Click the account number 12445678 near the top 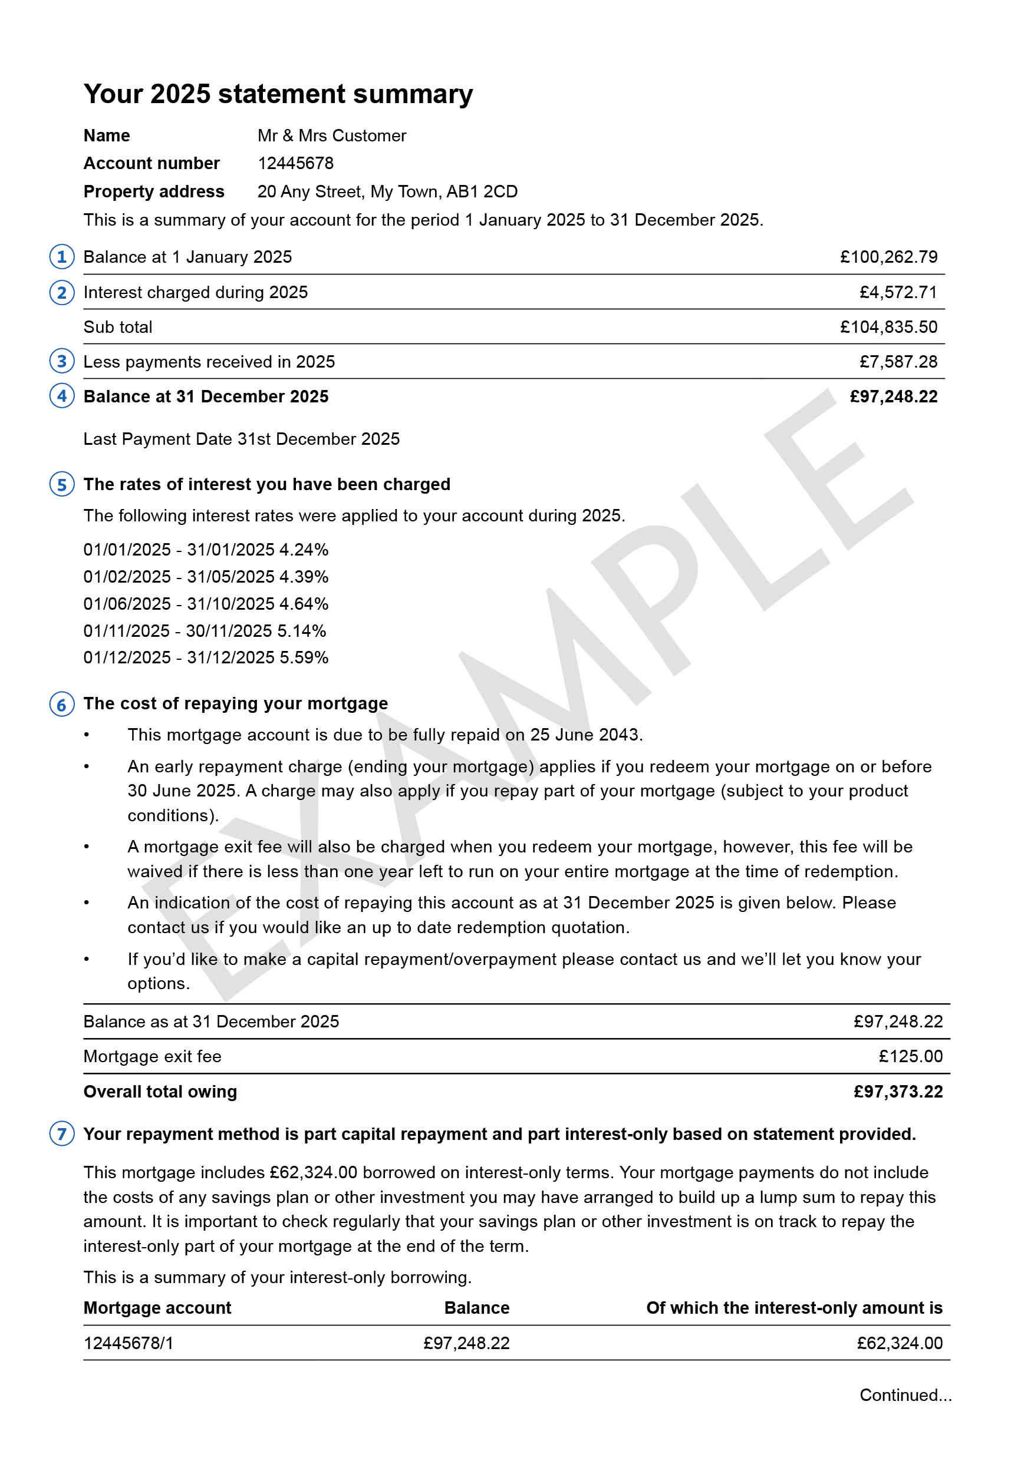point(295,164)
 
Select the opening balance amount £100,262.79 point(888,257)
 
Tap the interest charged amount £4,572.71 point(898,292)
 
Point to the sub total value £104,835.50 point(888,327)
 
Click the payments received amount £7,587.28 point(898,362)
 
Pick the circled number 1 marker point(62,257)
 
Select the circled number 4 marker point(62,396)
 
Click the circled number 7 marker point(62,1134)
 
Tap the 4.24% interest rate point(304,550)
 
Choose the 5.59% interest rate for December point(304,657)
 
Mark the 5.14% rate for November point(302,630)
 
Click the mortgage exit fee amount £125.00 point(910,1056)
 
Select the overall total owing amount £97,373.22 point(898,1092)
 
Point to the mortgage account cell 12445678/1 point(129,1343)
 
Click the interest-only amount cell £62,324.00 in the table point(899,1343)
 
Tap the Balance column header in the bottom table point(476,1308)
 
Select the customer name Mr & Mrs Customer point(332,135)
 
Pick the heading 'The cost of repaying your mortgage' point(236,704)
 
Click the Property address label point(154,191)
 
